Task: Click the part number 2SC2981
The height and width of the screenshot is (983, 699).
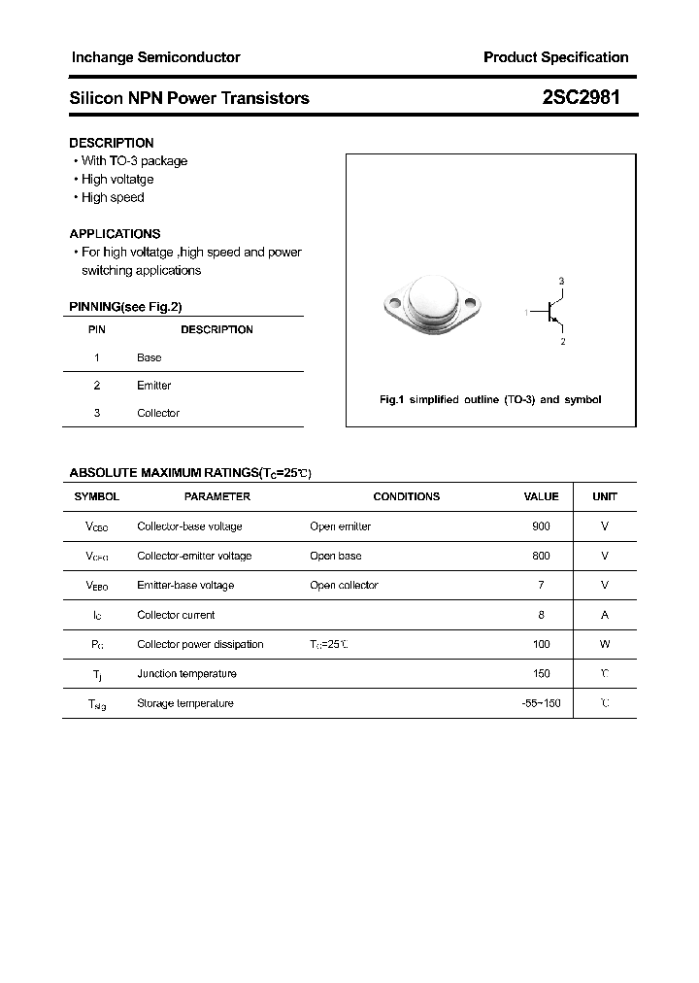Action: tap(582, 98)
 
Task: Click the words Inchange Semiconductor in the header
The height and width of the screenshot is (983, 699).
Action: tap(155, 57)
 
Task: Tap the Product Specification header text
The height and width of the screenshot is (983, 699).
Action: tap(555, 57)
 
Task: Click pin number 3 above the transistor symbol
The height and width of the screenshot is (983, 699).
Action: tap(561, 281)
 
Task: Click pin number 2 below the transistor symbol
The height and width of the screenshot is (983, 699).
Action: tap(562, 342)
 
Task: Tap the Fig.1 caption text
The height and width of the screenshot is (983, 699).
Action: tap(489, 400)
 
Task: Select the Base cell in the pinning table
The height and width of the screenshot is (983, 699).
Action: tap(150, 357)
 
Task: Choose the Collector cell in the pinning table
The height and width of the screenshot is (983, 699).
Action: tap(158, 413)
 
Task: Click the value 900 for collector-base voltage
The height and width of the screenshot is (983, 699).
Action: tap(541, 526)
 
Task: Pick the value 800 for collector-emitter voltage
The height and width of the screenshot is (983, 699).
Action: tap(541, 556)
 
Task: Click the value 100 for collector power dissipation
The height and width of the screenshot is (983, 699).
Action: tap(541, 644)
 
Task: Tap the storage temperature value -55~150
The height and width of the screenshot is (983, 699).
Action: tap(541, 703)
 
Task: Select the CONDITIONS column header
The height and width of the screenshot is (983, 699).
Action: tap(406, 496)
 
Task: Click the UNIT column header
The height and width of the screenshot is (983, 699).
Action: tap(605, 496)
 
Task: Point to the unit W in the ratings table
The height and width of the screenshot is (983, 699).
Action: tap(605, 644)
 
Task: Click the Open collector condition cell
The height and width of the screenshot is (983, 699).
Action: tap(344, 586)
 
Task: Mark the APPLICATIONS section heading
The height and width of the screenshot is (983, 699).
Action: tap(115, 234)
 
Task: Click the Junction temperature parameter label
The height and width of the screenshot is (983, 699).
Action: tap(186, 674)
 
